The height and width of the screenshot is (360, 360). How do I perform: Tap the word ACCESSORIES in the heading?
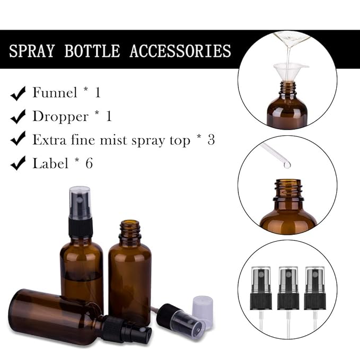pyautogui.click(x=180, y=51)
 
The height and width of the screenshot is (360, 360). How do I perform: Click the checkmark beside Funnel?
pyautogui.click(x=18, y=94)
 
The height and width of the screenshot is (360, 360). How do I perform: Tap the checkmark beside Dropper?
pyautogui.click(x=18, y=117)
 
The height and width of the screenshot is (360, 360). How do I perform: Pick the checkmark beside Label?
pyautogui.click(x=18, y=163)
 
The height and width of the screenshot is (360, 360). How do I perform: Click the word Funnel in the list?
pyautogui.click(x=55, y=93)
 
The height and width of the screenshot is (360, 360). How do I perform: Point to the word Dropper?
pyautogui.click(x=60, y=116)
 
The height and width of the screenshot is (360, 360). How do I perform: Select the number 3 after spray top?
pyautogui.click(x=211, y=140)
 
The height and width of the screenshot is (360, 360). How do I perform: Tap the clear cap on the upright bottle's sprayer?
pyautogui.click(x=80, y=203)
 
